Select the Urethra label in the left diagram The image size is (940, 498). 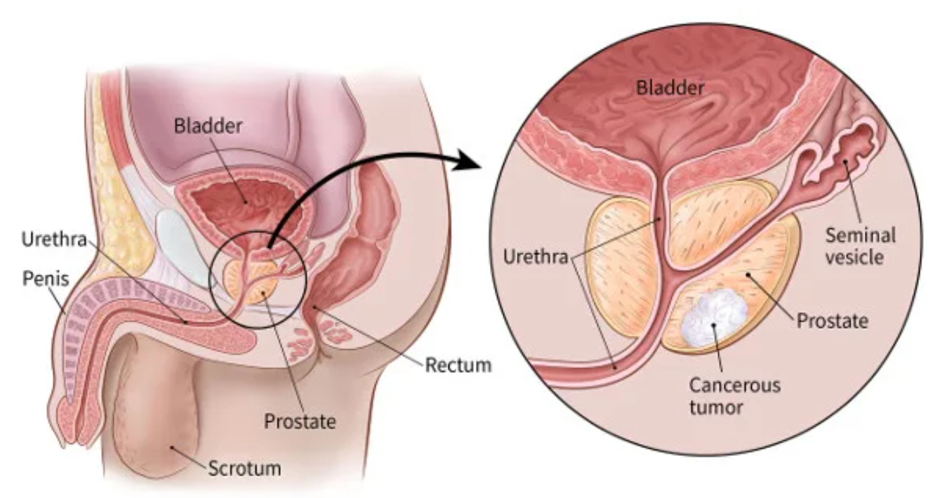click(x=53, y=241)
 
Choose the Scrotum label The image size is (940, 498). click(x=244, y=466)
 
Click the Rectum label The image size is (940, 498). click(x=458, y=365)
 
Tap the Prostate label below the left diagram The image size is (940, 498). click(x=300, y=421)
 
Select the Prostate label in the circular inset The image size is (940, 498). click(x=833, y=321)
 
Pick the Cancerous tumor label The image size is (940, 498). click(x=734, y=395)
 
